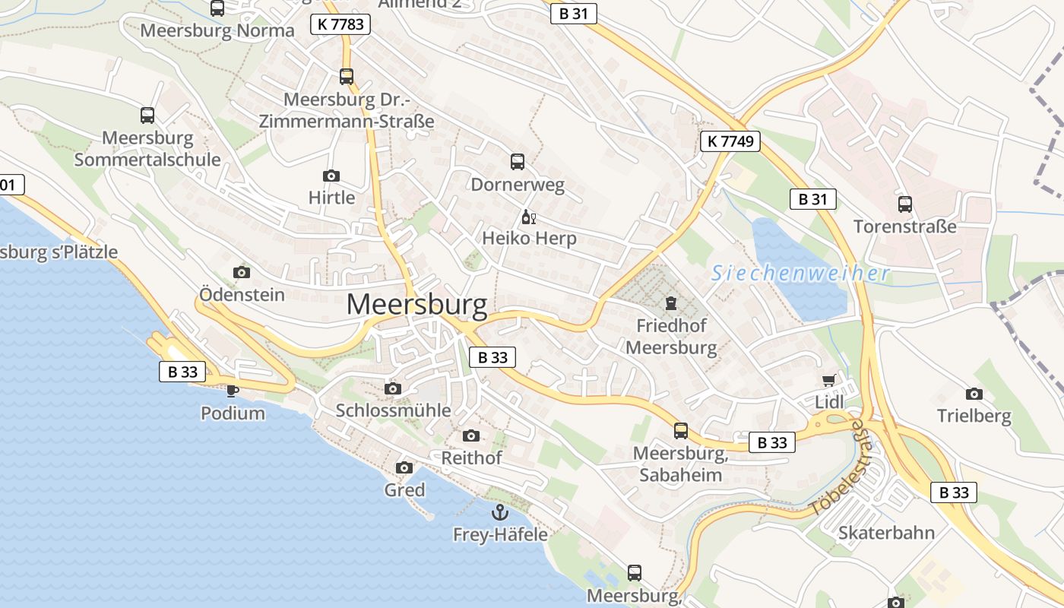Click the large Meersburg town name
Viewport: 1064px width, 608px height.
tap(416, 305)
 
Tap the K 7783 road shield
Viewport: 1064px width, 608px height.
tap(340, 24)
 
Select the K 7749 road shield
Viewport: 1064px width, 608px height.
tap(730, 141)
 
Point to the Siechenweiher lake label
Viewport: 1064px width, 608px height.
tap(800, 274)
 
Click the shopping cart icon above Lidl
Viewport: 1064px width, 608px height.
tap(828, 380)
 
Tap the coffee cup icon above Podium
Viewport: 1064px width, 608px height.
tap(233, 391)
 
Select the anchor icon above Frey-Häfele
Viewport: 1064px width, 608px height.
tap(499, 511)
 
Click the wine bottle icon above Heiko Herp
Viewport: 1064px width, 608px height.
tap(529, 217)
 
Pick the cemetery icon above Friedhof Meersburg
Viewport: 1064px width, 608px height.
tap(671, 304)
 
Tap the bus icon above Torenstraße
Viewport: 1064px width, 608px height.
tap(904, 204)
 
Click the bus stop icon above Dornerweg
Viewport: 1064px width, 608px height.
tap(518, 161)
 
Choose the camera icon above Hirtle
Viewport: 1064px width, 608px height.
tap(331, 176)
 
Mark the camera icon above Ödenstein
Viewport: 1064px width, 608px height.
tap(242, 272)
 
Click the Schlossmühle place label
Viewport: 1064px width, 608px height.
tap(394, 410)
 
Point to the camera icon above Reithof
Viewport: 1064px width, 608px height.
tap(471, 435)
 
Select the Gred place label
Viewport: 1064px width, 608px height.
tap(404, 490)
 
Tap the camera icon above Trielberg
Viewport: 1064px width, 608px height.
tap(974, 394)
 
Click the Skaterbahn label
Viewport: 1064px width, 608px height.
tap(886, 533)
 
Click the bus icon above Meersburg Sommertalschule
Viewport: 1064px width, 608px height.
tap(147, 116)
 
